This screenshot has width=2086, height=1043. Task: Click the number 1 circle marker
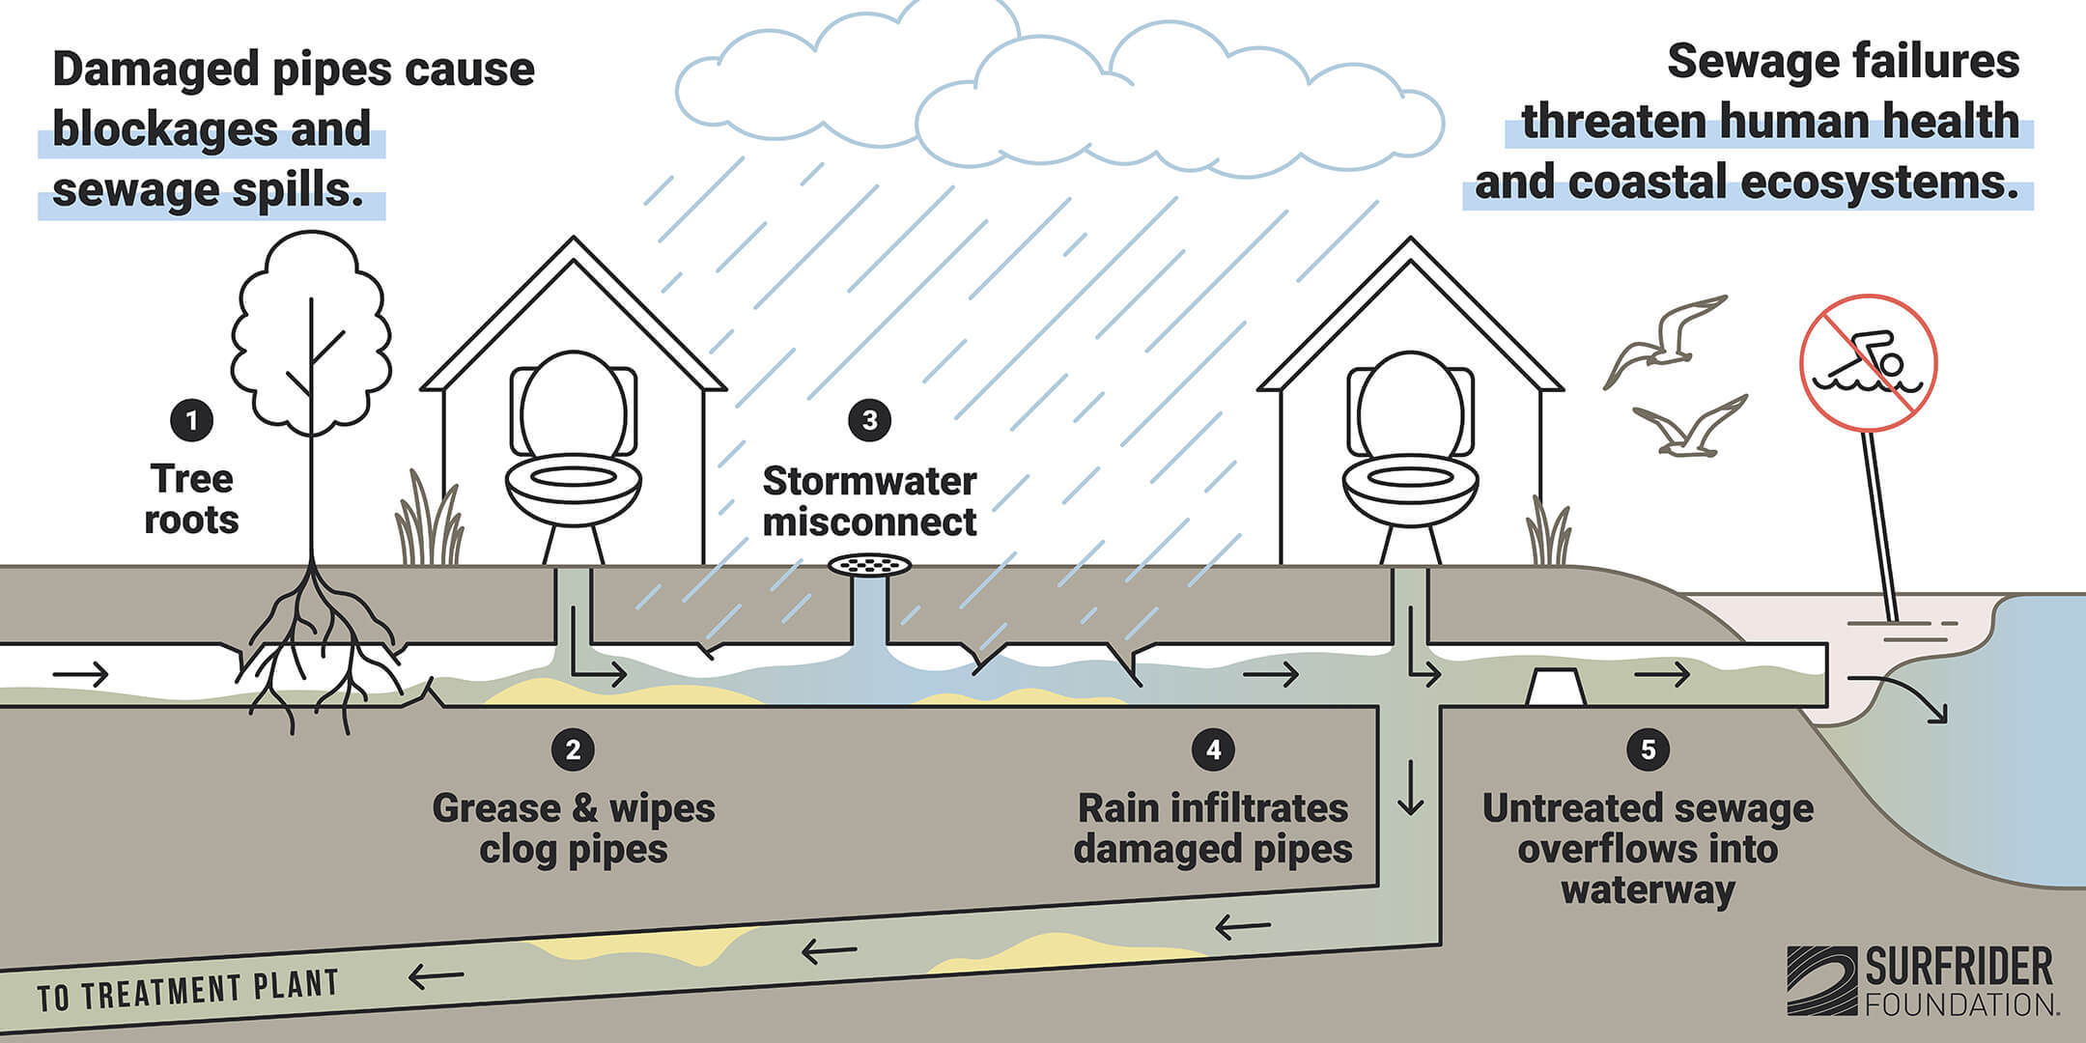(x=191, y=420)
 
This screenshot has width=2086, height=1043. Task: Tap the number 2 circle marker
(x=573, y=750)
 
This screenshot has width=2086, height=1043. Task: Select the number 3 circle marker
(x=869, y=420)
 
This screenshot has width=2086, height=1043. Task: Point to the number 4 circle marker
(x=1213, y=750)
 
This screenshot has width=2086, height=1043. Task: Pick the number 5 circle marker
(x=1648, y=750)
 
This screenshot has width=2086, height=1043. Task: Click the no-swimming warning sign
(x=1868, y=363)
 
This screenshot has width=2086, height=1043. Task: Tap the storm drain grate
(x=869, y=565)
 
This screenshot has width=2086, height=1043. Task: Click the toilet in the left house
(x=574, y=454)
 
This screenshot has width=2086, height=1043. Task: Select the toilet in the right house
(x=1410, y=454)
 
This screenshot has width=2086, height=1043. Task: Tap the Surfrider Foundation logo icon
(x=1820, y=980)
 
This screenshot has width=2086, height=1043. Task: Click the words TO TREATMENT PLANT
(x=188, y=991)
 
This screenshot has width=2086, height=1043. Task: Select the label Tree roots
(x=191, y=499)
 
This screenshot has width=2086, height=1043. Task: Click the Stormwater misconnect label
(x=869, y=501)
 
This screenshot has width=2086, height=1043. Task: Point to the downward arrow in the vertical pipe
(x=1411, y=788)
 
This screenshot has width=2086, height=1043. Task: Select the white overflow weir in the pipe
(x=1554, y=687)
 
